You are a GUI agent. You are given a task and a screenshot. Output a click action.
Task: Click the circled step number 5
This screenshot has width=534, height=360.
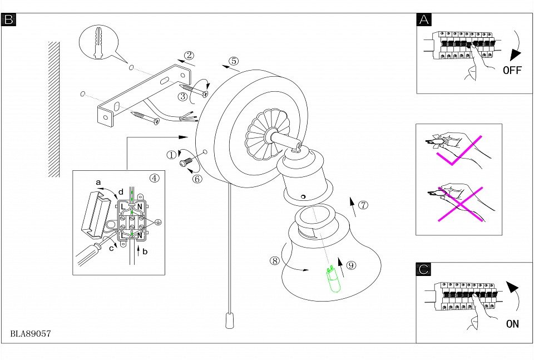[x=234, y=61]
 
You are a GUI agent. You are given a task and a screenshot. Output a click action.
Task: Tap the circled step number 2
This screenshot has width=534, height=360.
[x=189, y=55]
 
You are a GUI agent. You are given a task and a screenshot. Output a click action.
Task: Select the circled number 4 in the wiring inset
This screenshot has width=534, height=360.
[x=155, y=179]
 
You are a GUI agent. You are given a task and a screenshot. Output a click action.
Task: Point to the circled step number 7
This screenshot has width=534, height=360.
[x=363, y=205]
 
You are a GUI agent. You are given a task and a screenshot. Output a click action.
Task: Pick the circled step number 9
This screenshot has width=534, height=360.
[x=350, y=265]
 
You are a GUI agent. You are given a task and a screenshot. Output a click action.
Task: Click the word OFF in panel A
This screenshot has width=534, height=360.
[x=512, y=71]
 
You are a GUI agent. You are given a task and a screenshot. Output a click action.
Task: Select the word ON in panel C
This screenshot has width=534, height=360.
[x=512, y=324]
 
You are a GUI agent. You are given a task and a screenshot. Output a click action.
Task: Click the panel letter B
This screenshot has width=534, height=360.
[x=9, y=20]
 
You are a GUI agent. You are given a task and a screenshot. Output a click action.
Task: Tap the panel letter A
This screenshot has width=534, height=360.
[x=424, y=20]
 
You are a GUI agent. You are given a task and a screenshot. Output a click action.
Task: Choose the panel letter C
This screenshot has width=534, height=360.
[x=424, y=269]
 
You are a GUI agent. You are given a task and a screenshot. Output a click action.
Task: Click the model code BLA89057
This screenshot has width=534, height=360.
[x=31, y=334]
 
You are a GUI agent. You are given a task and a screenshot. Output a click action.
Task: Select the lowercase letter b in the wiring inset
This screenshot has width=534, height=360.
[x=145, y=252]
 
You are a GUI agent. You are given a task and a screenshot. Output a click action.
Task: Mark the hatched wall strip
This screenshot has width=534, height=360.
[x=53, y=109]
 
